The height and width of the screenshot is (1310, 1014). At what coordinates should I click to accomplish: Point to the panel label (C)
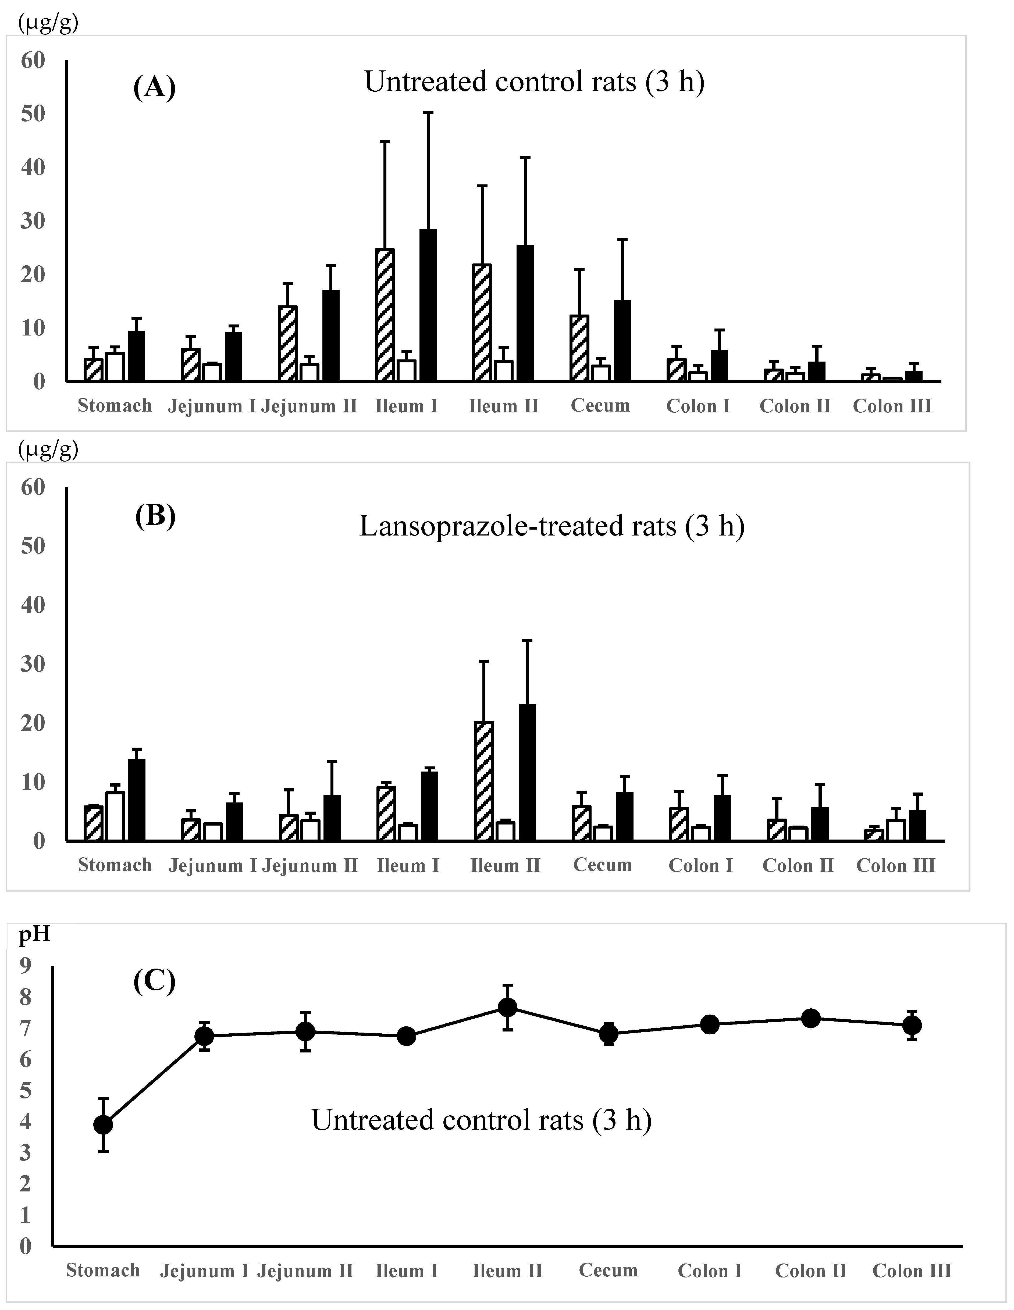click(154, 981)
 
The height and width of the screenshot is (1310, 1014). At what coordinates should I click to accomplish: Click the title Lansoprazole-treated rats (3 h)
click(552, 526)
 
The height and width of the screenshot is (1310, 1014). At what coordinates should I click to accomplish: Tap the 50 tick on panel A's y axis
click(33, 113)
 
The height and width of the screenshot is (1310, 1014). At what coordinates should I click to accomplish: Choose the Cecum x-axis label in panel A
click(600, 405)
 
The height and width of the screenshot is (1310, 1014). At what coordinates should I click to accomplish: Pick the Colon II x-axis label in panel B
click(798, 865)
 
